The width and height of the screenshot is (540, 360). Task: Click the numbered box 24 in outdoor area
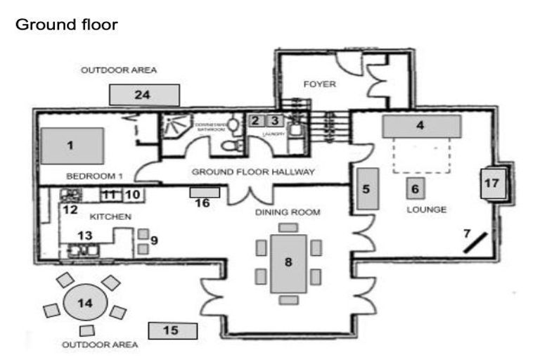click(x=144, y=94)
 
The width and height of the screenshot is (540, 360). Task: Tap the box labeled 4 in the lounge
click(x=421, y=127)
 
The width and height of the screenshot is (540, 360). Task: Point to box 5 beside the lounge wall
click(x=366, y=188)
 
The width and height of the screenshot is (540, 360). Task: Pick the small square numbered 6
click(x=415, y=188)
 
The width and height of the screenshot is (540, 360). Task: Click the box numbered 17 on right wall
click(x=491, y=184)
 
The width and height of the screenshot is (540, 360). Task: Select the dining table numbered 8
click(x=288, y=262)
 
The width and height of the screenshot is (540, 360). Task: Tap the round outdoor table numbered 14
click(x=85, y=303)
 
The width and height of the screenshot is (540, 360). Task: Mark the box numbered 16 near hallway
click(x=205, y=192)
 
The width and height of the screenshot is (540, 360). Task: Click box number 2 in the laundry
click(x=255, y=120)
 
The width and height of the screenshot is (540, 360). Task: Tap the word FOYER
click(x=320, y=84)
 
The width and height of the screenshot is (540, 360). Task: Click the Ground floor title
click(x=66, y=25)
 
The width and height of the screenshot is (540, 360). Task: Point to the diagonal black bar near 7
click(x=476, y=242)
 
